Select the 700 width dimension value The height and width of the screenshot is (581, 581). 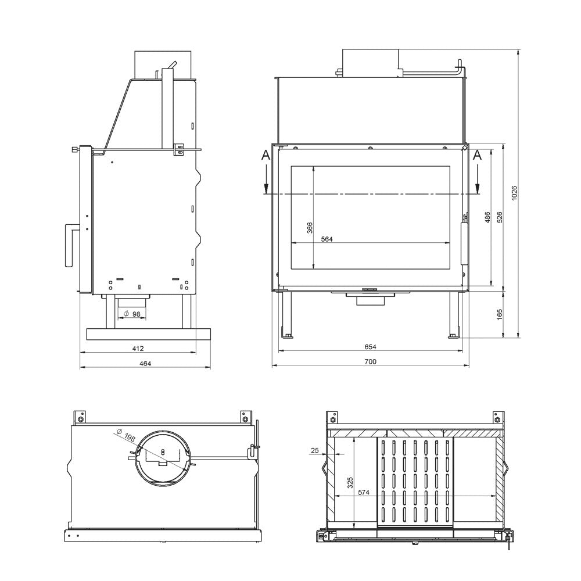point(371,361)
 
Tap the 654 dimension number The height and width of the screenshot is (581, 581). point(371,347)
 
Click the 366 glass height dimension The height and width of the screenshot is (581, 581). point(310,228)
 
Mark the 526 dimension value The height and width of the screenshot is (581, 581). point(499,216)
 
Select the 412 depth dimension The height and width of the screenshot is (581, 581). point(137,349)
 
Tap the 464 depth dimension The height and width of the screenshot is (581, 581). point(145,364)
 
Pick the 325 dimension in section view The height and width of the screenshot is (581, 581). point(350,483)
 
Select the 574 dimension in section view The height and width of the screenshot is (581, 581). point(364,492)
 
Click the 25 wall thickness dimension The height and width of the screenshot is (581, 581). point(314,450)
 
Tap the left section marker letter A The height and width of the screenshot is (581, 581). point(266,155)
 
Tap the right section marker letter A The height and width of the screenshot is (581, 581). point(478,155)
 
